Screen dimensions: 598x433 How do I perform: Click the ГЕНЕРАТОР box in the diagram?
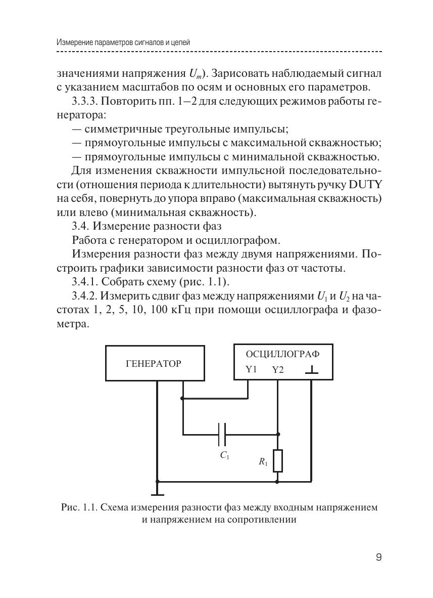click(155, 363)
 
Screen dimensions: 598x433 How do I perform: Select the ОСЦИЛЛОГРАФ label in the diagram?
click(282, 353)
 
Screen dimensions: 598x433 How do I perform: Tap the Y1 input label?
click(251, 369)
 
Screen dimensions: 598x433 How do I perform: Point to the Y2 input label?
click(278, 370)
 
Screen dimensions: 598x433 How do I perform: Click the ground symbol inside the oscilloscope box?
click(312, 370)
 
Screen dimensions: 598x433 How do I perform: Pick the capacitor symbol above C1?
click(222, 434)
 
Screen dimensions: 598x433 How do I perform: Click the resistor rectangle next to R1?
click(277, 460)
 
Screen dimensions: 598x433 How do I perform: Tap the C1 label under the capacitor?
click(224, 455)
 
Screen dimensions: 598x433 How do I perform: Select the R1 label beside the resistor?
click(263, 461)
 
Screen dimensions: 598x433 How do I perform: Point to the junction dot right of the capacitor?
click(277, 434)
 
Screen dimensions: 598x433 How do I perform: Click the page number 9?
click(378, 558)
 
